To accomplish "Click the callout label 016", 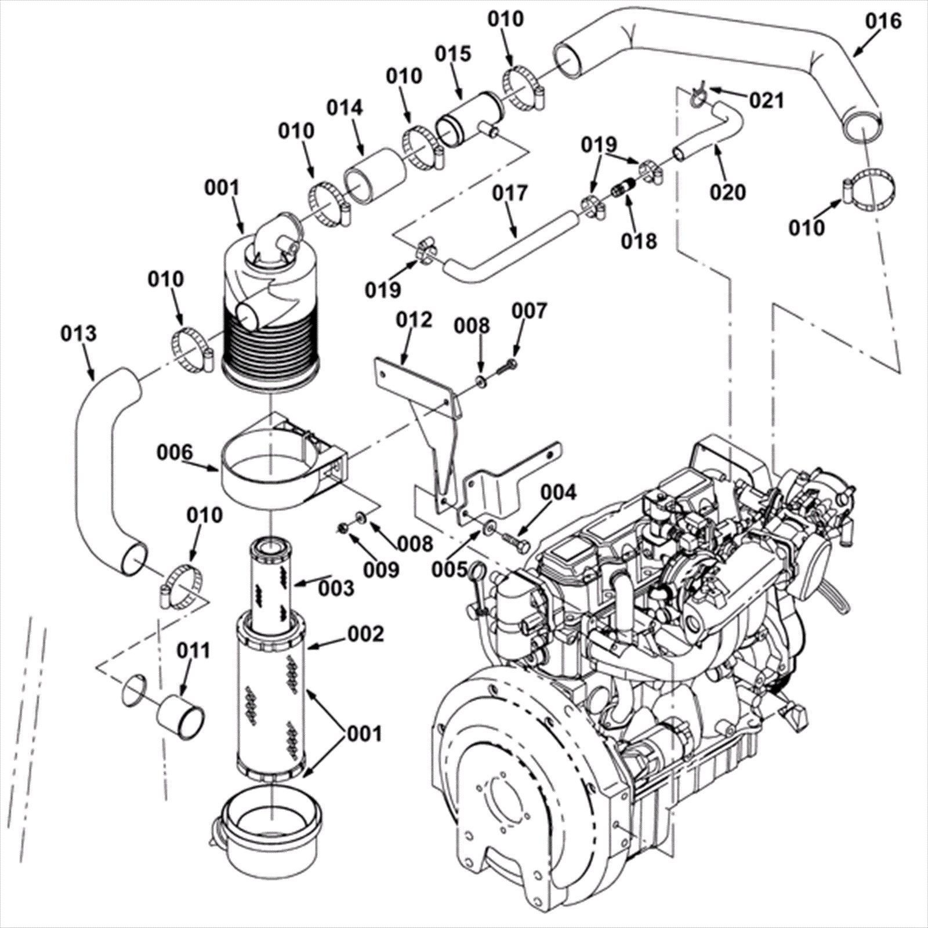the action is coord(884,21).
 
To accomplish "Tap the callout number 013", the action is coord(78,333).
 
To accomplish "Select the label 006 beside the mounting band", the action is coord(175,452).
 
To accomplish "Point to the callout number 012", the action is coord(414,320).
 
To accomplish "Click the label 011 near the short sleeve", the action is coord(193,651).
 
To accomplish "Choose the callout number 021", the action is coord(766,100).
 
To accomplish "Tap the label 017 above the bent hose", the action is coord(510,193).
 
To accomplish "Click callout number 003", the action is coord(335,588).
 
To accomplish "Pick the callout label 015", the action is coord(453,53).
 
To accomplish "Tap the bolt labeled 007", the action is coord(509,364).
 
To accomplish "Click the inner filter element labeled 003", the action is coord(273,583).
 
